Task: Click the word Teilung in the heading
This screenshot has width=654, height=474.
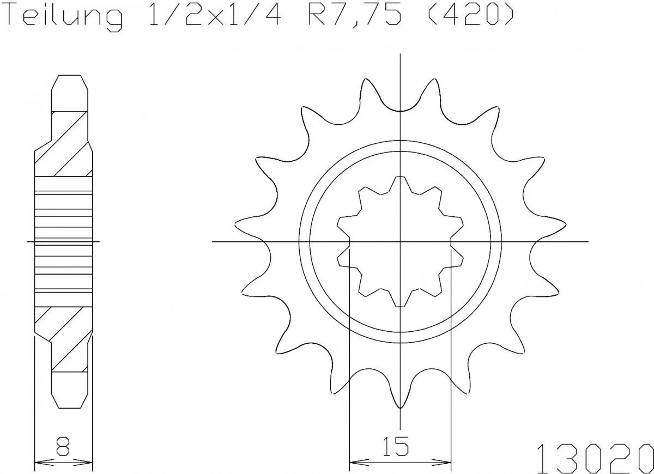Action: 64,18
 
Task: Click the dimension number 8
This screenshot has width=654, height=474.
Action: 63,447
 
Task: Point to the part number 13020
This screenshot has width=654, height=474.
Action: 594,456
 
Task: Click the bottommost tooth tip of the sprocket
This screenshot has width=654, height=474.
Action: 401,408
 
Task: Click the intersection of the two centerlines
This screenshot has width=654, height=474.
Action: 401,241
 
